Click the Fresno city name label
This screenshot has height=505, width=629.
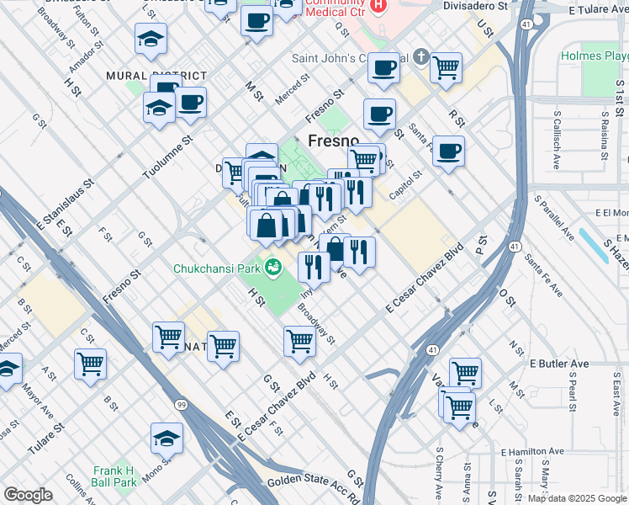click(x=334, y=140)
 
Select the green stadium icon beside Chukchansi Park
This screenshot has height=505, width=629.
click(x=272, y=269)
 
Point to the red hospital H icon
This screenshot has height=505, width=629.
click(x=378, y=6)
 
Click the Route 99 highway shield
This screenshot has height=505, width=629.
click(x=182, y=382)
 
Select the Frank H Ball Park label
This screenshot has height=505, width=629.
click(x=114, y=476)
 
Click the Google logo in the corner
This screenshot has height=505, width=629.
click(x=28, y=495)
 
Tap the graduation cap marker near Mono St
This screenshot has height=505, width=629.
click(x=166, y=438)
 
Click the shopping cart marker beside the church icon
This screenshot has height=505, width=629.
click(x=446, y=67)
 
